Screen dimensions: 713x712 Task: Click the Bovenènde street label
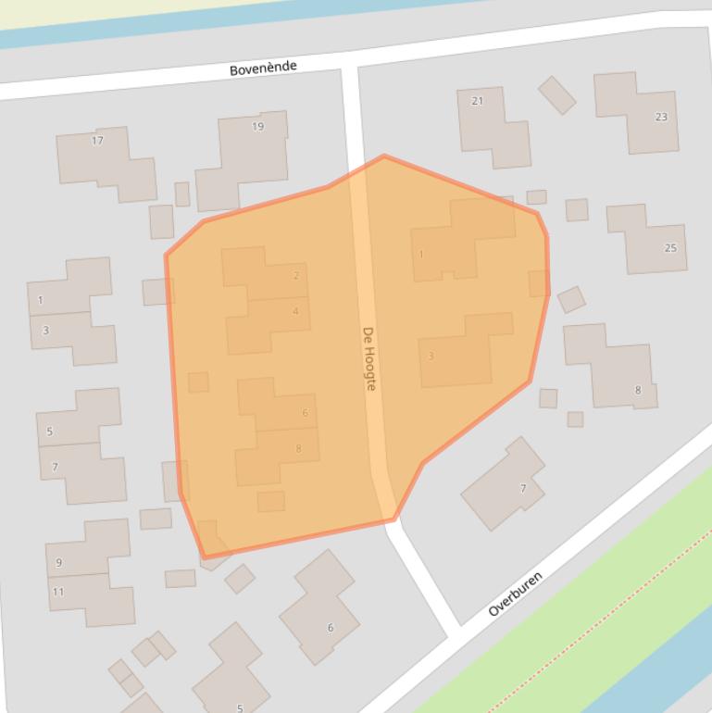coord(263,69)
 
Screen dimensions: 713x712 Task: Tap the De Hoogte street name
coord(369,358)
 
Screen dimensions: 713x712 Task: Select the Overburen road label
coord(515,594)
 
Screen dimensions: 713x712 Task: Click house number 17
coord(97,141)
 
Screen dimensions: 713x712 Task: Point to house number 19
coord(257,126)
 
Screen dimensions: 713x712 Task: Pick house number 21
coord(477,101)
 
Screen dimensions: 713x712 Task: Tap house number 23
coord(660,117)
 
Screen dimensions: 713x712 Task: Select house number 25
coord(670,248)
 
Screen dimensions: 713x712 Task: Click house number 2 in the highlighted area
coord(296,275)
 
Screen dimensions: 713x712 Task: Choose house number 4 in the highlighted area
coord(295,311)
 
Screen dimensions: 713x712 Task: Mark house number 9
coord(59,562)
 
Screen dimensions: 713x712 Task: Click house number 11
coord(58,592)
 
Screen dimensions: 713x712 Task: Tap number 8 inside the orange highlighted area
coord(298,449)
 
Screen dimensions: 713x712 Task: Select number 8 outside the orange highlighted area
coord(637,390)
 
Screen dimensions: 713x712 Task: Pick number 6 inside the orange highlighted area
coord(305,413)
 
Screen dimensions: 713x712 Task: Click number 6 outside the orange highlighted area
coord(330,628)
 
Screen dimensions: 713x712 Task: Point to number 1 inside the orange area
coord(421,254)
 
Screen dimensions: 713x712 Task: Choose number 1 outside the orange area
coord(41,300)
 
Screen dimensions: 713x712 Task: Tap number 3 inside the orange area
coord(431,356)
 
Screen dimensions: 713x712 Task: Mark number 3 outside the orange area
coord(45,331)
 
